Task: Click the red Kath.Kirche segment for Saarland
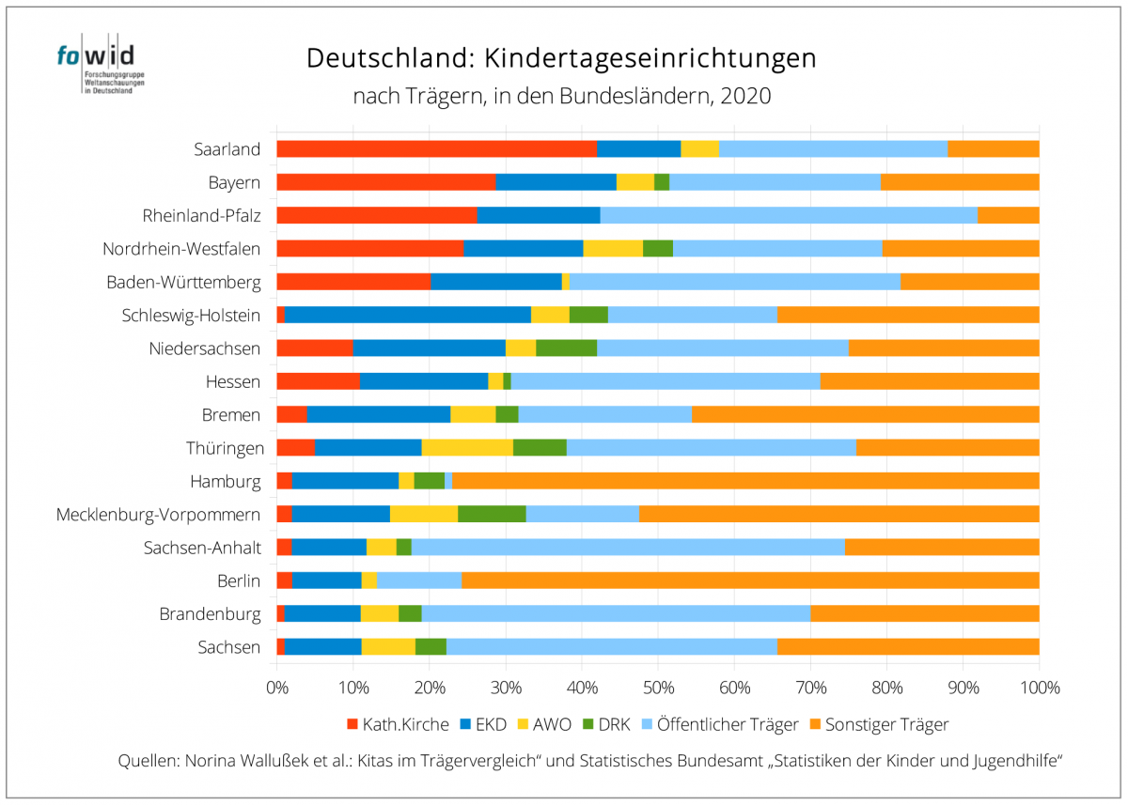pyautogui.click(x=436, y=148)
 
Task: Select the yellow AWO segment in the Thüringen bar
pyautogui.click(x=467, y=447)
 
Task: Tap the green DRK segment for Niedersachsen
pyautogui.click(x=566, y=348)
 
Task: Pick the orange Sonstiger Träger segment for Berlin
pyautogui.click(x=750, y=581)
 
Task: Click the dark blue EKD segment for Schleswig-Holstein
pyautogui.click(x=408, y=315)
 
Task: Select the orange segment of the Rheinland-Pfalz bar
pyautogui.click(x=1008, y=215)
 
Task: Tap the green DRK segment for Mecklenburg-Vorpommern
pyautogui.click(x=492, y=514)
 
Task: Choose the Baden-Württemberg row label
pyautogui.click(x=183, y=282)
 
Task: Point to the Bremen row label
pyautogui.click(x=231, y=414)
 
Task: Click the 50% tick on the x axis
pyautogui.click(x=658, y=689)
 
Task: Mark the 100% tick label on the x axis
pyautogui.click(x=1039, y=689)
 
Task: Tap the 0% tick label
pyautogui.click(x=276, y=689)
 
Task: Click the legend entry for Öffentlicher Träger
pyautogui.click(x=723, y=724)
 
